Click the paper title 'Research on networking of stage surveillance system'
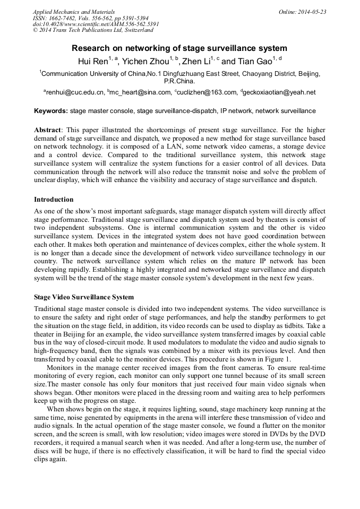pos(179,48)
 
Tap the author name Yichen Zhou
pos(145,62)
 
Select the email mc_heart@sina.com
pos(139,92)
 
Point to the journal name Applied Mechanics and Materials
pos(73,11)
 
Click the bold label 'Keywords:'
pos(51,111)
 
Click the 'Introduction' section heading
pos(54,200)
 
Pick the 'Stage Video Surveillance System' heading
pos(84,297)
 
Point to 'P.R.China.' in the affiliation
pos(179,82)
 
